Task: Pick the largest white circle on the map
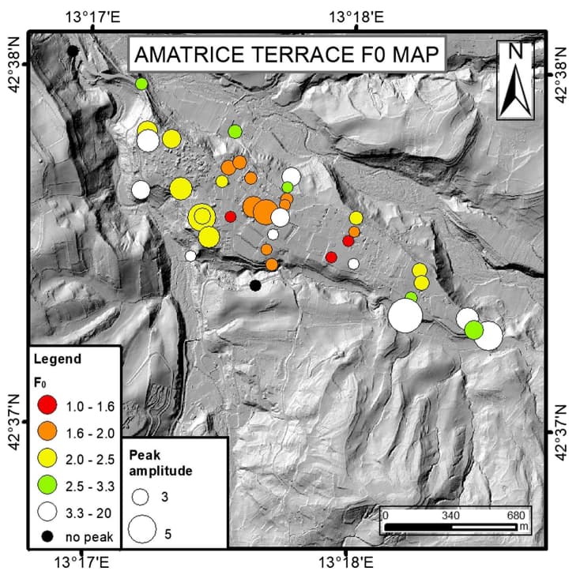point(405,316)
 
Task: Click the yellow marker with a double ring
point(202,216)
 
